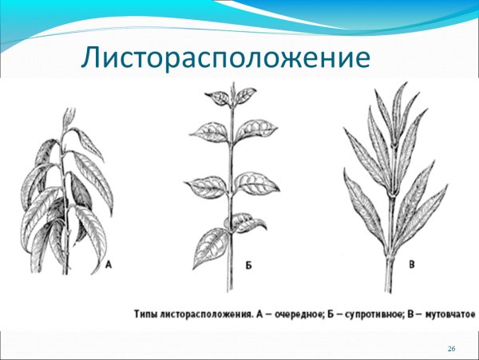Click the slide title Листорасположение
click(227, 58)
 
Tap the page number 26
click(452, 350)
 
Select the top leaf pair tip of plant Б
click(232, 89)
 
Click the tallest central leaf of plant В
click(397, 112)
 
